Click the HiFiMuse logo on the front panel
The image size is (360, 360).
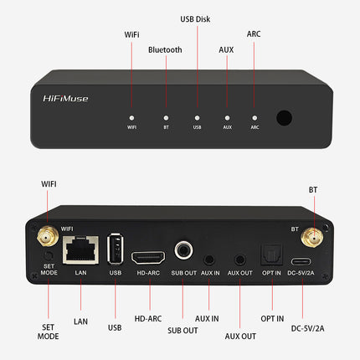65,98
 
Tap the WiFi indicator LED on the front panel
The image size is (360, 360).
131,118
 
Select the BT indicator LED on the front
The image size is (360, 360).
166,118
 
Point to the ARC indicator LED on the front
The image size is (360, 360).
255,118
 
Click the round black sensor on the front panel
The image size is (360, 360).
284,118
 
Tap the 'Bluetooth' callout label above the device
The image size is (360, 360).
165,50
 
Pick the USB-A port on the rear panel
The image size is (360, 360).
116,249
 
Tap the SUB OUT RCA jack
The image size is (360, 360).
184,250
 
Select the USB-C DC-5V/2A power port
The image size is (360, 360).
301,255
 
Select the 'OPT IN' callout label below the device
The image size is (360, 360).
272,319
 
